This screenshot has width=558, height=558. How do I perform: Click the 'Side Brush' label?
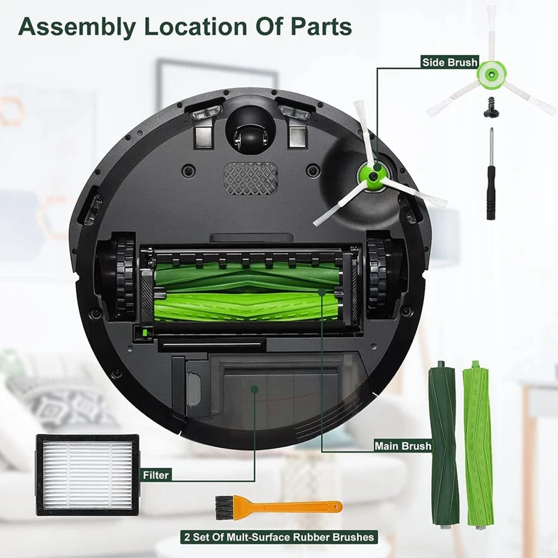449,63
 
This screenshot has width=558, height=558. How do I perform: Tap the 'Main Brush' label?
402,446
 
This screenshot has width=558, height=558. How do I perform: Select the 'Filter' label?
156,475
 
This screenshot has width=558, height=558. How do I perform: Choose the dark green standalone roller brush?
444,444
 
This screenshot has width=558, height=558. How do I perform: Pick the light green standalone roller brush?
478,444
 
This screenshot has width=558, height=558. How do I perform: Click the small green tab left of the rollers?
145,334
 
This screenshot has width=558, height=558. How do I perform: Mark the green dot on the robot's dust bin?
256,391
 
